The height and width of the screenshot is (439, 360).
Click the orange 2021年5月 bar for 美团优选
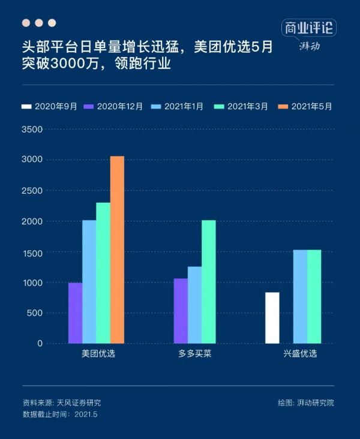coord(117,249)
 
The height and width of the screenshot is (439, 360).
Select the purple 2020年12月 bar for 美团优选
coord(76,313)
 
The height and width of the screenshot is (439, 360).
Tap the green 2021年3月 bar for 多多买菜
coord(208,282)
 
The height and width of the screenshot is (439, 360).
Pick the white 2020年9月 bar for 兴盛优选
coord(272,318)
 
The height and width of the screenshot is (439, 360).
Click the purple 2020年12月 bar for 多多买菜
coord(181,311)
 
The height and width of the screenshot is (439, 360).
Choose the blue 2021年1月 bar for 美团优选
coord(89,282)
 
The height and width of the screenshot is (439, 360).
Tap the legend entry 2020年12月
coord(114,106)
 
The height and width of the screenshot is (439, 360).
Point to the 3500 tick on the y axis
coord(32,129)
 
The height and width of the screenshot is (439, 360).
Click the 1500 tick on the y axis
coord(32,252)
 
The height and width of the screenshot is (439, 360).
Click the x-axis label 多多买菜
coord(194,354)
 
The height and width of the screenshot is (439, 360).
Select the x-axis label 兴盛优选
coord(300,354)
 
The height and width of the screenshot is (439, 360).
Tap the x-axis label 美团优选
coord(98,354)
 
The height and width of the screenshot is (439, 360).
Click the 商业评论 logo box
coord(308,28)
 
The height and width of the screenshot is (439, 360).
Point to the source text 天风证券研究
coord(79,403)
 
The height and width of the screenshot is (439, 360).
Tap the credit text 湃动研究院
coord(314,403)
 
